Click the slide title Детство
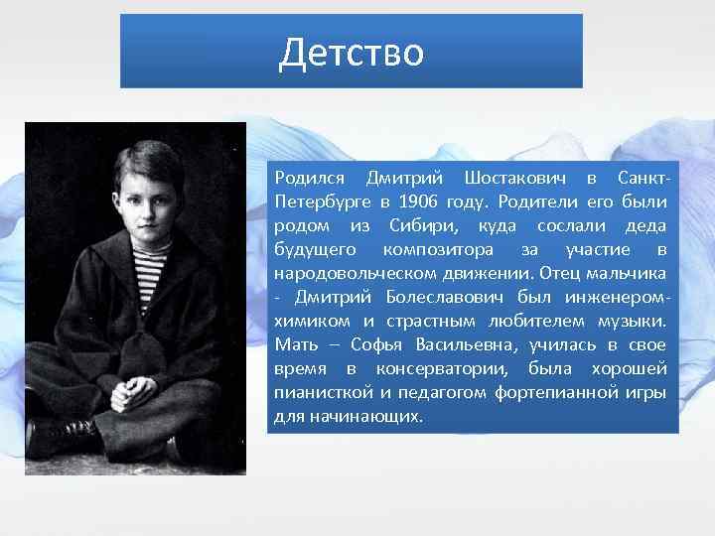(352, 52)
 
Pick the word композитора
(433, 249)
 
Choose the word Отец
(564, 273)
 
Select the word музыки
(632, 321)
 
